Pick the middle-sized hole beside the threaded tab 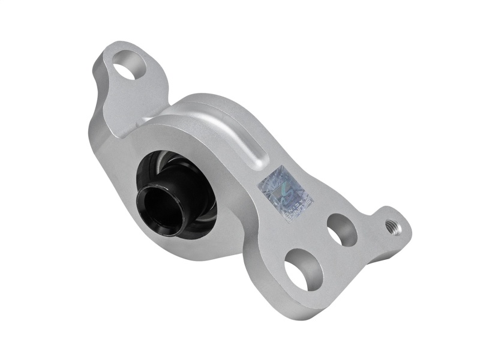coord(341,230)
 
